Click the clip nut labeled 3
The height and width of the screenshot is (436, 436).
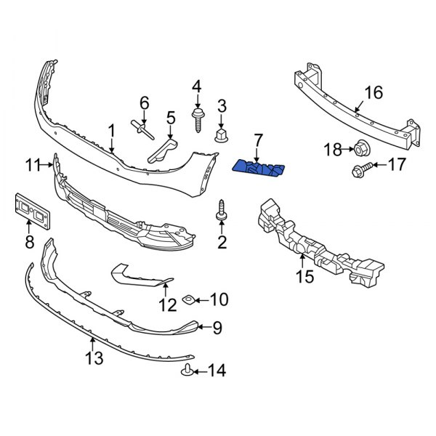point(222,134)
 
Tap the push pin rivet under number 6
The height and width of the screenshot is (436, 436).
point(142,132)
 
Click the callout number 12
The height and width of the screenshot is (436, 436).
point(168,305)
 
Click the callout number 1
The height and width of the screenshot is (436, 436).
point(111,131)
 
